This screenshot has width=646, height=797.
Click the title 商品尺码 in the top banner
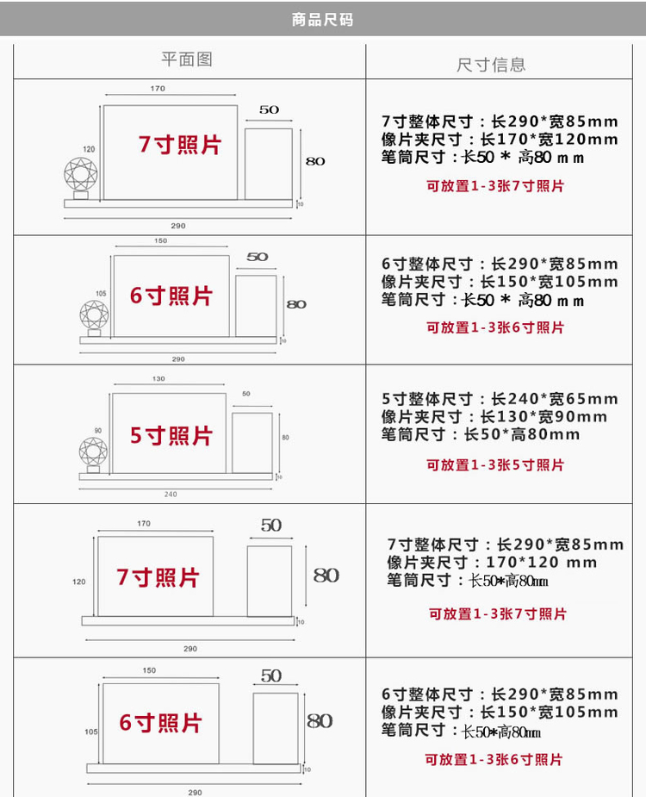coord(323,19)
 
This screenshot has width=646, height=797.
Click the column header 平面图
coord(187,59)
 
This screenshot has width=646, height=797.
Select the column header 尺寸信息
coord(491,65)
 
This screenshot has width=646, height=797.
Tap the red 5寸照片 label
coord(171,436)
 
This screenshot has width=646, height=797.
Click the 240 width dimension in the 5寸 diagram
coord(171,494)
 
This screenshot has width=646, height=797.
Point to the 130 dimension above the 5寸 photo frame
coord(158,379)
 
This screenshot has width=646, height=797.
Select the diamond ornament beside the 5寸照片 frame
coord(93,453)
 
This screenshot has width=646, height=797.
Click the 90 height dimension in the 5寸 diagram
coord(97,430)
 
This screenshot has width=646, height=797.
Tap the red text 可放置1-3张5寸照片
coord(495,465)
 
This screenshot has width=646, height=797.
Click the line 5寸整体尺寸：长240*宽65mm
coord(500,399)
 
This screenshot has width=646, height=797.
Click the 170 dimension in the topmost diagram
coord(158,89)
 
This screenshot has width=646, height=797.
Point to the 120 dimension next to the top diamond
coord(89,149)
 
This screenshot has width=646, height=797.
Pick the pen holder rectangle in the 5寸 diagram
coord(252,443)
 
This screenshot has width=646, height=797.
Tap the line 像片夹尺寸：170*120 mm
coord(492,563)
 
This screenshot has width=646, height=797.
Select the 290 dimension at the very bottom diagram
coord(195,791)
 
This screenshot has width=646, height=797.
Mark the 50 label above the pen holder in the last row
coord(271,676)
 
